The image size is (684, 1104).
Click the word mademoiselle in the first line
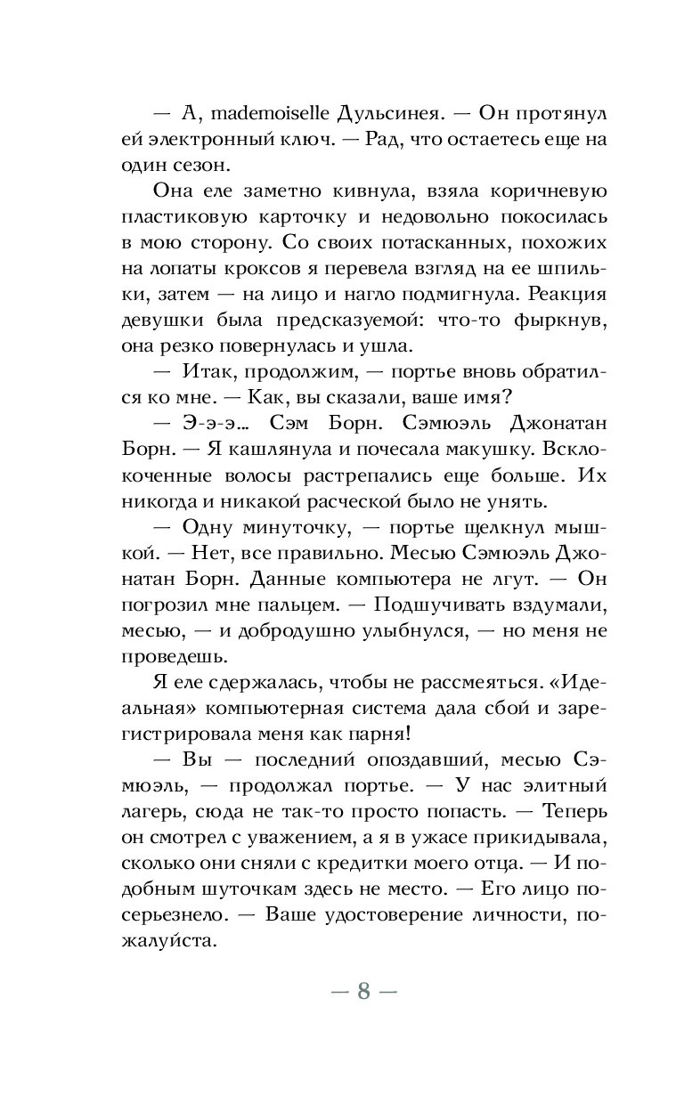tap(266, 114)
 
